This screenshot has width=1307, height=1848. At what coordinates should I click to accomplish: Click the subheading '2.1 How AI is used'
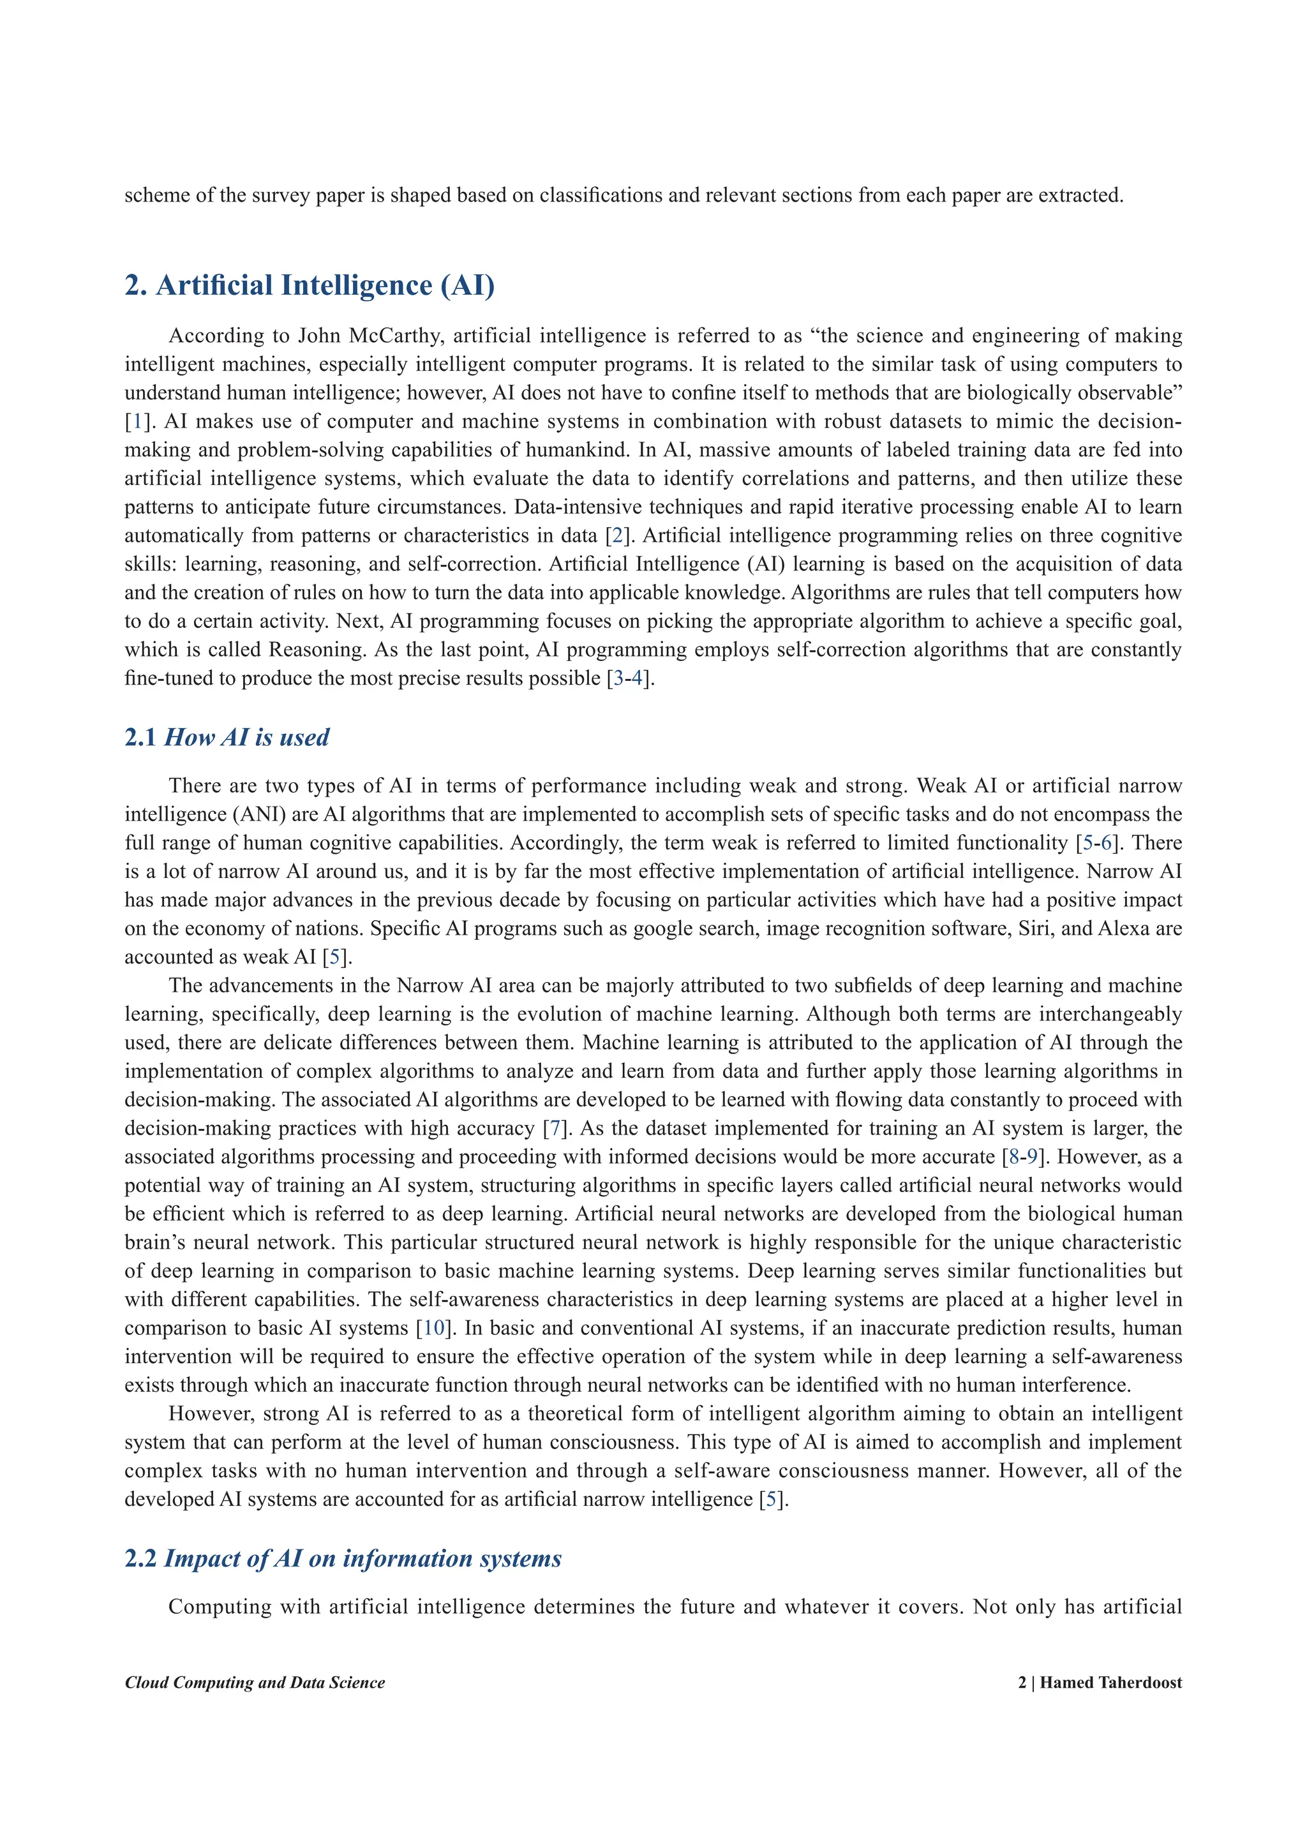coord(227,737)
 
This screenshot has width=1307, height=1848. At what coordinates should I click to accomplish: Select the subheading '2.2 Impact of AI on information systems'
coord(343,1558)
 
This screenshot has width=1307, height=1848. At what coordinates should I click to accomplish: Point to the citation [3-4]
coord(629,678)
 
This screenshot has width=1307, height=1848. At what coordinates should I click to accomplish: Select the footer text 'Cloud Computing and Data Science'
coord(255,1683)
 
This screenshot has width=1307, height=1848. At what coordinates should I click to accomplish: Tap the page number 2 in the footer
coord(1022,1683)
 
